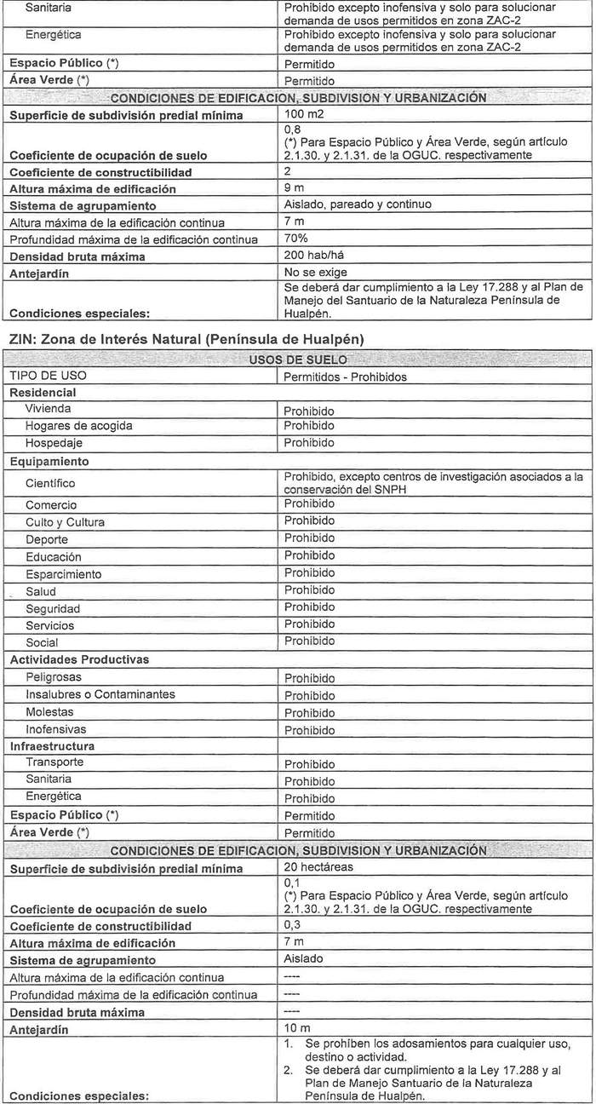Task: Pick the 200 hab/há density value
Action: click(312, 256)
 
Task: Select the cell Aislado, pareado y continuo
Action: click(357, 204)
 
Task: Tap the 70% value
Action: click(295, 239)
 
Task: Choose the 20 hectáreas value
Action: click(318, 867)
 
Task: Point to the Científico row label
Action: click(50, 483)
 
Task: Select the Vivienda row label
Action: click(49, 409)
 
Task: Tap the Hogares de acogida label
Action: click(78, 426)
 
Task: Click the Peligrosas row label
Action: click(54, 677)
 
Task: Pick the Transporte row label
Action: click(54, 762)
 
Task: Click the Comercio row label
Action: click(50, 505)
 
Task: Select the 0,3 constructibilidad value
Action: click(292, 925)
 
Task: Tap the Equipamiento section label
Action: click(49, 462)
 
